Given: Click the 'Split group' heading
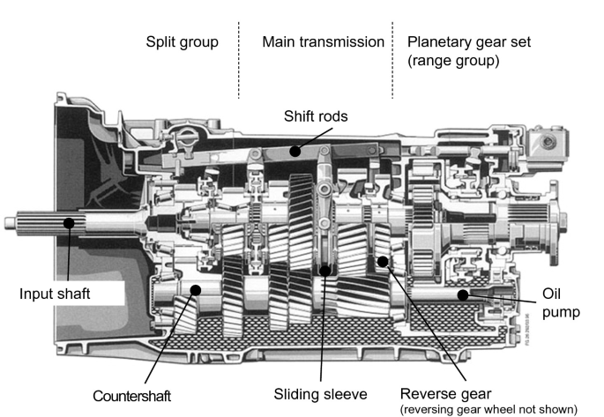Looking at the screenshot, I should coord(183,41).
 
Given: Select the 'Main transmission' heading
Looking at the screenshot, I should coord(323,41).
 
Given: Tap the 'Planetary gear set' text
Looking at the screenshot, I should coord(468,41).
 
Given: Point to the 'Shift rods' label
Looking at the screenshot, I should coord(316,115).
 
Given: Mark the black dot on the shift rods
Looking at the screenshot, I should coord(296,151).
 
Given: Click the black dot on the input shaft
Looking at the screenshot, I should coord(68,224).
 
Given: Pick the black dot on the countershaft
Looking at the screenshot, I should coord(198,288).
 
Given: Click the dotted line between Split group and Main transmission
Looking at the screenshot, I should coord(239,66).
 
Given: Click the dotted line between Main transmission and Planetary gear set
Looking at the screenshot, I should coord(393,66).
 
